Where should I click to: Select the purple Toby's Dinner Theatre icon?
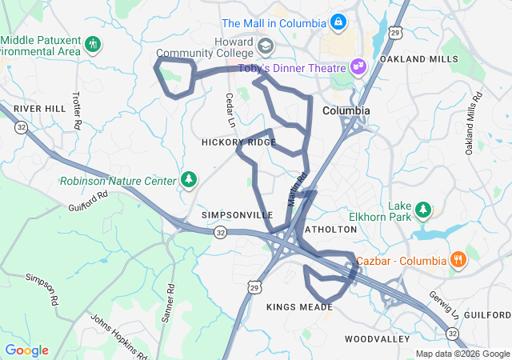click(358, 66)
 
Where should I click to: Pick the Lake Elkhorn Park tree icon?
click(422, 210)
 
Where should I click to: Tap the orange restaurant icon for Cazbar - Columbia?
click(458, 260)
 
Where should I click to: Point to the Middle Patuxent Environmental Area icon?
click(93, 42)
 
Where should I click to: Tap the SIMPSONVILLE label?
click(237, 215)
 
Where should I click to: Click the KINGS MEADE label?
click(299, 307)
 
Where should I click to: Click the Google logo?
click(27, 350)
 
